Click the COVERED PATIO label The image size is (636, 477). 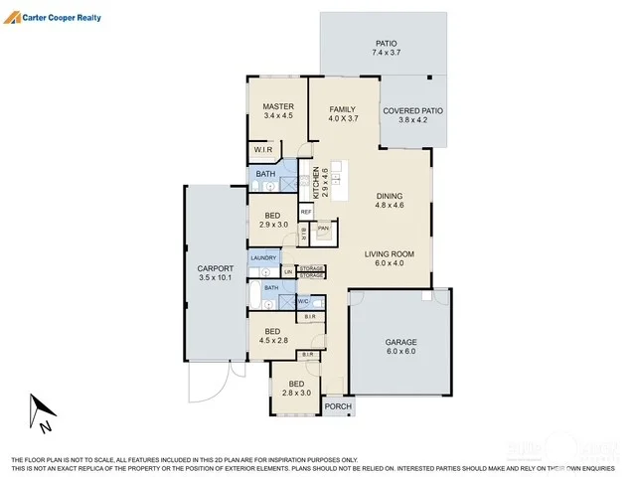(x=412, y=116)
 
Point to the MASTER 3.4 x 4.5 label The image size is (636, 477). (x=277, y=110)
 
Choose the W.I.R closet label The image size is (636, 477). (x=263, y=150)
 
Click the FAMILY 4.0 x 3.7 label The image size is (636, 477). (x=342, y=113)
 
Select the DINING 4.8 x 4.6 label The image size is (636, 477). (x=389, y=201)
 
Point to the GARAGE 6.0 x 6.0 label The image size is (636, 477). (x=400, y=348)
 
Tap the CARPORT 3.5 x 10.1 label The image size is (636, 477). (x=215, y=273)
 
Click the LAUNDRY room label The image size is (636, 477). (x=263, y=258)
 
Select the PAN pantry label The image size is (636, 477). (x=323, y=229)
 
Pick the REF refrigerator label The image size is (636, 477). (x=306, y=212)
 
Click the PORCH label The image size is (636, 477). (x=338, y=405)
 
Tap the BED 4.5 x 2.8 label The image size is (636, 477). (x=272, y=336)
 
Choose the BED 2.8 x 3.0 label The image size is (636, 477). (x=297, y=389)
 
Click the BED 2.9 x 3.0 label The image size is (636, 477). (x=272, y=220)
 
